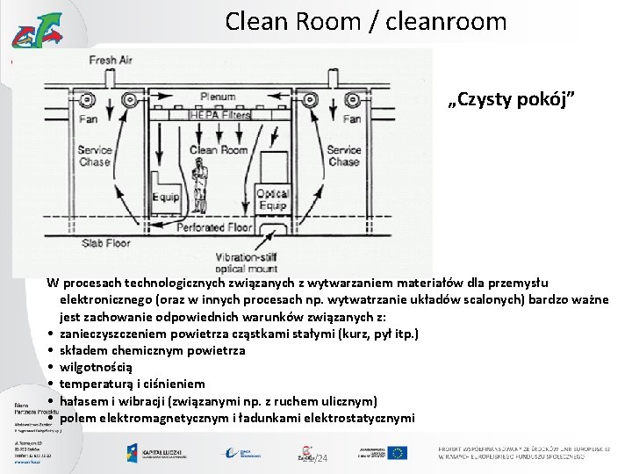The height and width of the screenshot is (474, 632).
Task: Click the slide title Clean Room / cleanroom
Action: point(365,20)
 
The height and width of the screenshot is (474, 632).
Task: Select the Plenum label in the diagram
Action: point(217,97)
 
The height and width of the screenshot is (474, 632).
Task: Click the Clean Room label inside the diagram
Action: point(219,150)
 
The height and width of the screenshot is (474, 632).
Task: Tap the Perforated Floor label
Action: point(214,226)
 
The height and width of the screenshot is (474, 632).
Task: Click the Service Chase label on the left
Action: point(95,155)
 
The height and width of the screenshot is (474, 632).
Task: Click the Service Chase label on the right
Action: point(343,155)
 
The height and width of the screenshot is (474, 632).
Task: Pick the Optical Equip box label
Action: point(273,199)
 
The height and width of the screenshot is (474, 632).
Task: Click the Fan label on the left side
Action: point(88,119)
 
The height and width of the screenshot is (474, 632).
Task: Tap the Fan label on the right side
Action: point(352,119)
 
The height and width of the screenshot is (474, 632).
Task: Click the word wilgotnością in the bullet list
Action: point(97,367)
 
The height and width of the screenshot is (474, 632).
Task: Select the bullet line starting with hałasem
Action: point(219,400)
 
